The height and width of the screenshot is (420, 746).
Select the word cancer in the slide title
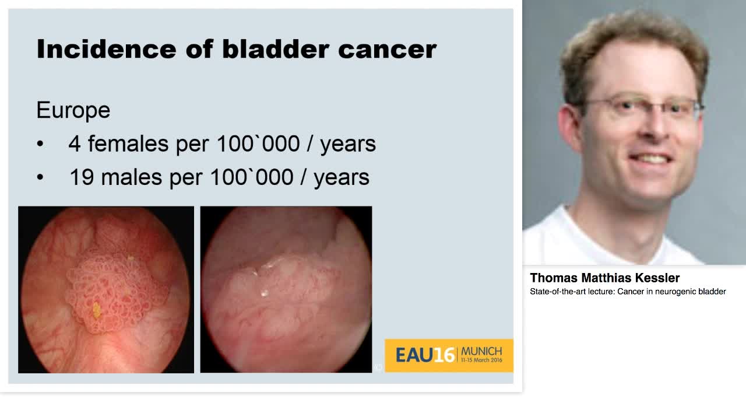tap(387, 49)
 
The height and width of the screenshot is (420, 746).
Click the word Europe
tap(73, 110)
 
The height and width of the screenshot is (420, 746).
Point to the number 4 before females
tap(74, 143)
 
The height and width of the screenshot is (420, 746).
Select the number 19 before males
tap(81, 177)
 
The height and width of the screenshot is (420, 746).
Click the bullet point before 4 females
tap(40, 144)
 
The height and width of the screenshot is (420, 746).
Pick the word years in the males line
tap(341, 177)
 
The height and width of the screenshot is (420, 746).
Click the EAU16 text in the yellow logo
tap(424, 355)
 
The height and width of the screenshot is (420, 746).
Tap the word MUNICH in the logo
tap(481, 351)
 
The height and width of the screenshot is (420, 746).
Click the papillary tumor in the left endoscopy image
tap(111, 292)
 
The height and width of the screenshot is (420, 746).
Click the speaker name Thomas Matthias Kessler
tap(604, 278)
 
